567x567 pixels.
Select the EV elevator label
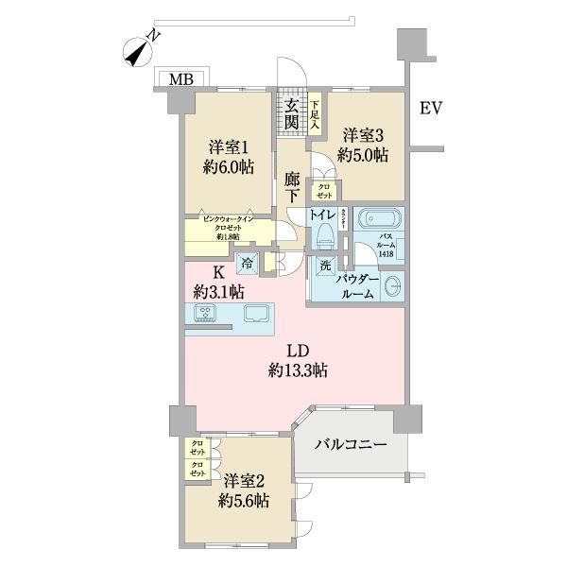pos(431,109)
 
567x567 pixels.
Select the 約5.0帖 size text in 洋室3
pos(365,156)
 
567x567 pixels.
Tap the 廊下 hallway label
pos(292,185)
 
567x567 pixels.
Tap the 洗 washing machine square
pos(324,266)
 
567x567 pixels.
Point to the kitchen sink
pos(256,314)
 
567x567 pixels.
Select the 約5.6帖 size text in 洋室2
pos(241,500)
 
